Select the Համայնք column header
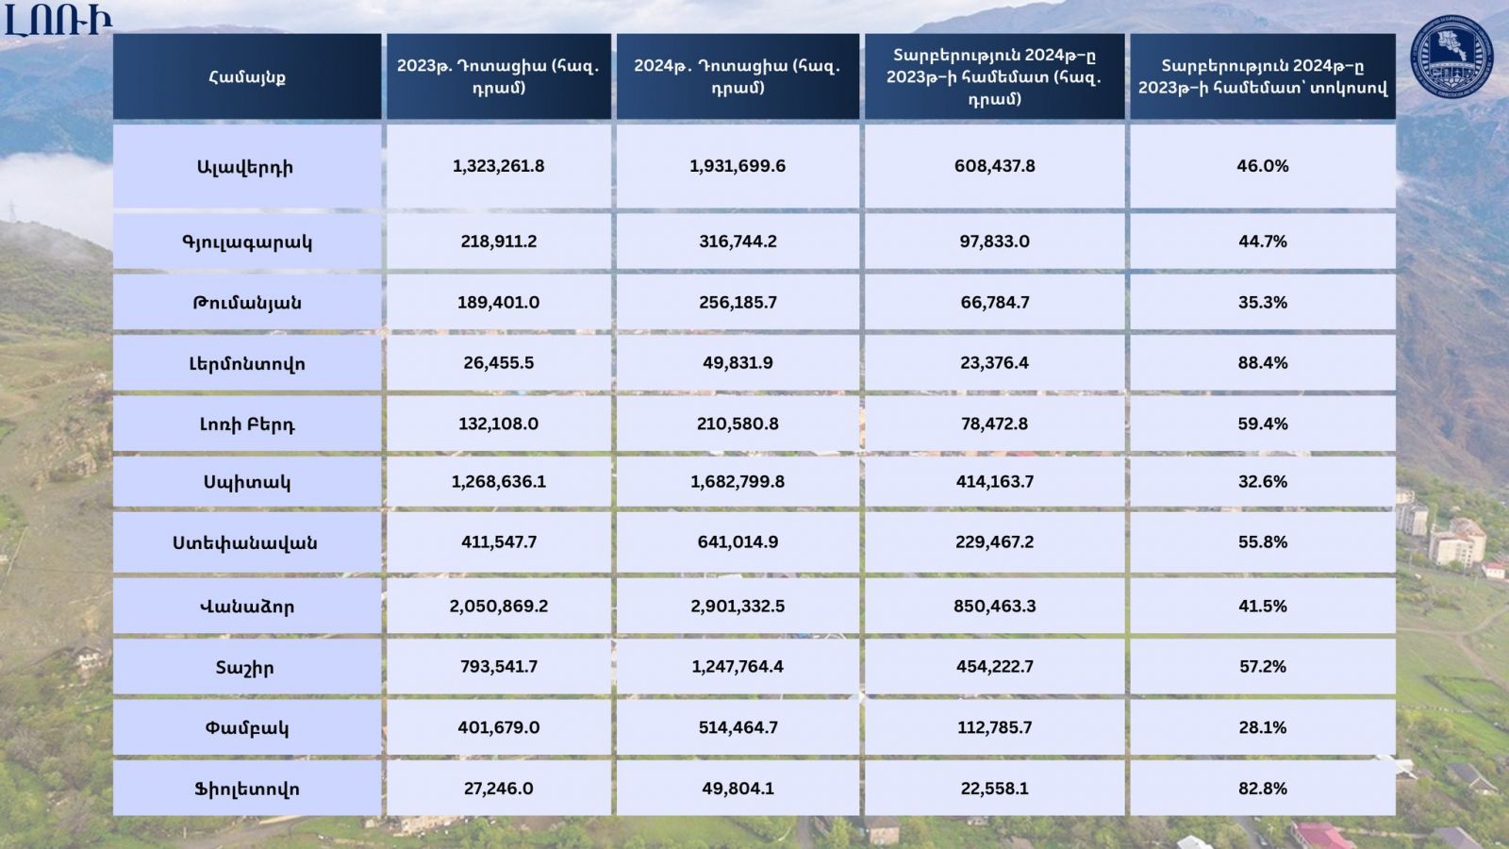(x=247, y=77)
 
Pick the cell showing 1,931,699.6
(x=738, y=166)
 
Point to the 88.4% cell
(x=1262, y=363)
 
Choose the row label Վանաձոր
(x=247, y=607)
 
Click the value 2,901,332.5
(x=738, y=606)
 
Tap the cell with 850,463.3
(x=994, y=606)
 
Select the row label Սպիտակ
(x=247, y=482)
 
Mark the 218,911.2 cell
(x=498, y=241)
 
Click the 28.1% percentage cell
(x=1262, y=727)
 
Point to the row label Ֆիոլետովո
(x=247, y=789)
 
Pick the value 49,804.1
(x=738, y=789)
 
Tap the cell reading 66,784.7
(x=994, y=303)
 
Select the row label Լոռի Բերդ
(x=247, y=424)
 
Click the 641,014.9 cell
(x=738, y=542)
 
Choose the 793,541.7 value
(x=498, y=666)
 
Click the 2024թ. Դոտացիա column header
(x=738, y=76)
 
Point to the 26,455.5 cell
(x=498, y=363)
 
